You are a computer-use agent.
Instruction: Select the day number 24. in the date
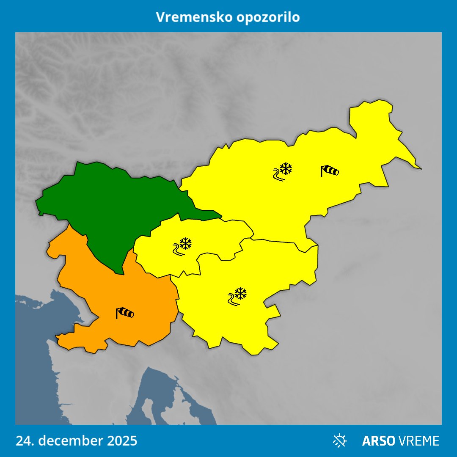click(25, 440)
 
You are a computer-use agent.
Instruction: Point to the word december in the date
click(70, 440)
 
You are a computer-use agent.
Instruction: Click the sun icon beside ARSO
click(339, 440)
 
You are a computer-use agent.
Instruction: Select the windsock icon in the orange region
click(125, 313)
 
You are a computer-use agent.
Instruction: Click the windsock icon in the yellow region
click(329, 171)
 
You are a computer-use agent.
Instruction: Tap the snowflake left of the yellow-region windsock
click(286, 169)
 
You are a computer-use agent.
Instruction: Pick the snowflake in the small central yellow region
click(185, 243)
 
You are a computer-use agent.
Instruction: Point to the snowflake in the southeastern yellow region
click(241, 293)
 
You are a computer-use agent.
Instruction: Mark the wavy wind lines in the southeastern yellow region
click(232, 300)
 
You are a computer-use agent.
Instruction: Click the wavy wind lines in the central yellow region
click(178, 250)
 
